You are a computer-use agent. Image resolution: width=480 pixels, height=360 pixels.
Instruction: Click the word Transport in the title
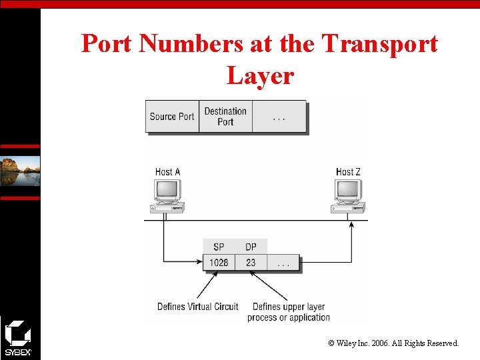click(x=379, y=44)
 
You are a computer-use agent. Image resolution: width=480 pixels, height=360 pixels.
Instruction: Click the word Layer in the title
click(x=260, y=75)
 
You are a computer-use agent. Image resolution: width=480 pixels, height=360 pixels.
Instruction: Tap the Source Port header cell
click(x=172, y=117)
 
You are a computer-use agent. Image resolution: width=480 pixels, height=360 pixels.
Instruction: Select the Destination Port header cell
click(x=225, y=117)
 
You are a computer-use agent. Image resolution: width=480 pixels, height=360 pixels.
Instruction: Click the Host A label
click(x=168, y=172)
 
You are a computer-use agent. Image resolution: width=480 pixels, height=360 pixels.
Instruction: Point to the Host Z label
click(x=348, y=172)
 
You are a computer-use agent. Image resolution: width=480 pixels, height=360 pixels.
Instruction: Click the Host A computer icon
click(x=167, y=196)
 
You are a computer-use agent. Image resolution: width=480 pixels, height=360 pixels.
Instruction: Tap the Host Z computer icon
click(x=348, y=196)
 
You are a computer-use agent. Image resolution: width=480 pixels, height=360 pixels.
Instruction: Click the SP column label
click(x=219, y=247)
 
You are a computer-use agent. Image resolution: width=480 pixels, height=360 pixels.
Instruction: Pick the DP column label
click(x=251, y=247)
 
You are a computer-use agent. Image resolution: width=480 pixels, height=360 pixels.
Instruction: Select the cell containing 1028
click(x=219, y=263)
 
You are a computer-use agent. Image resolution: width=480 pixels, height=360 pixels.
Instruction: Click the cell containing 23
click(x=251, y=263)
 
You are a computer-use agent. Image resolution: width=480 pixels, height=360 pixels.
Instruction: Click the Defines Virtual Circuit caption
click(x=197, y=307)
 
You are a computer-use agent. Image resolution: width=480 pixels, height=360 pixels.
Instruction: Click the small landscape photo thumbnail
click(x=20, y=171)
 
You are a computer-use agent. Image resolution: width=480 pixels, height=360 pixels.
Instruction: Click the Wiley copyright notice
click(x=393, y=343)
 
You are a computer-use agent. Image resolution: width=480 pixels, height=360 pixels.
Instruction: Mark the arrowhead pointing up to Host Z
click(x=352, y=225)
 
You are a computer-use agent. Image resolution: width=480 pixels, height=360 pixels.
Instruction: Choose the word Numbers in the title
click(x=192, y=44)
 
